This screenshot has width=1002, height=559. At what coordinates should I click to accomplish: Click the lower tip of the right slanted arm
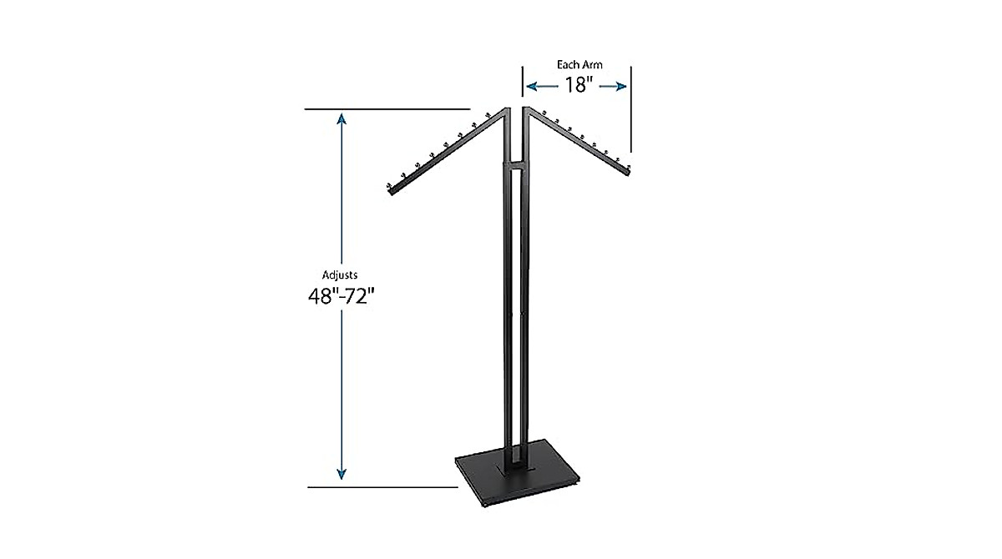pyautogui.click(x=629, y=172)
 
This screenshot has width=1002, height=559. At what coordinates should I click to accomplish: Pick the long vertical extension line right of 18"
pyautogui.click(x=630, y=108)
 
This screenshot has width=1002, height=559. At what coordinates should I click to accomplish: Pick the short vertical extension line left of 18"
pyautogui.click(x=523, y=83)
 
